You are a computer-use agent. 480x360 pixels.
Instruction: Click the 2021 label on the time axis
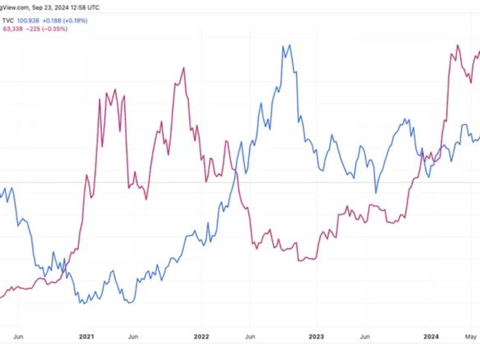click(86, 337)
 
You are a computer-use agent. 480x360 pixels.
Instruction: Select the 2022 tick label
click(201, 337)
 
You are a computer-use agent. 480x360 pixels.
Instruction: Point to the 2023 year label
click(316, 337)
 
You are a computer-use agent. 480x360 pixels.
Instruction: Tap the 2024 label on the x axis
click(431, 337)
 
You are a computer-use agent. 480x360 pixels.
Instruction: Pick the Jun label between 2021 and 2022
click(133, 337)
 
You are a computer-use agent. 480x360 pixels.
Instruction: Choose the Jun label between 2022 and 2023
click(250, 337)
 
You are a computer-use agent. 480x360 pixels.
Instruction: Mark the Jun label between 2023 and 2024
click(364, 337)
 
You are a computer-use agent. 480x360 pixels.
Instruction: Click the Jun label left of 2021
click(18, 337)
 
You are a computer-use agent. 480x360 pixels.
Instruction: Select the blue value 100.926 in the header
click(28, 20)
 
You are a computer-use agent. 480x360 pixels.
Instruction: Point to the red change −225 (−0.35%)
click(46, 29)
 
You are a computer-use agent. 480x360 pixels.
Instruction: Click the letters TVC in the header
click(8, 20)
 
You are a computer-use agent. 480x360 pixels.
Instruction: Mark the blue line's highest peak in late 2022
click(289, 45)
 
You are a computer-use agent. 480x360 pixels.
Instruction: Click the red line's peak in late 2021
click(184, 68)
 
